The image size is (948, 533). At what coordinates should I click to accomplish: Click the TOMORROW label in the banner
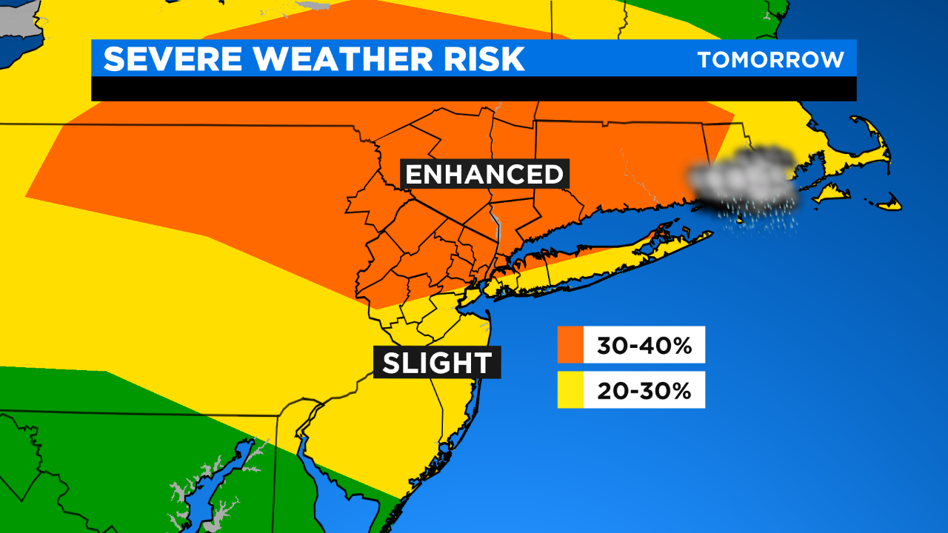pos(770,59)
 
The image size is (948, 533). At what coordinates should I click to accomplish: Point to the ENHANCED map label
pos(485,175)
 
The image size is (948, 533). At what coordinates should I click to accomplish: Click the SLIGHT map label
pos(437,363)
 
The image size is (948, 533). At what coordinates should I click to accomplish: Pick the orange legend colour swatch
pos(570,344)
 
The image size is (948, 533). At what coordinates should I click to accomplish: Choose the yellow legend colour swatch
pos(570,389)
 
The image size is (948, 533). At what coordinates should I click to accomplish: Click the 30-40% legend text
pos(643,345)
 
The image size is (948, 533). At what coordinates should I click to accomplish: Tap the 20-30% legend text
pos(643,390)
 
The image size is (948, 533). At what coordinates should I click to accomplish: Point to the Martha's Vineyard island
pos(829,194)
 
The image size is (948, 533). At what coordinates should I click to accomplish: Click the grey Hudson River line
pos(496,229)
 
